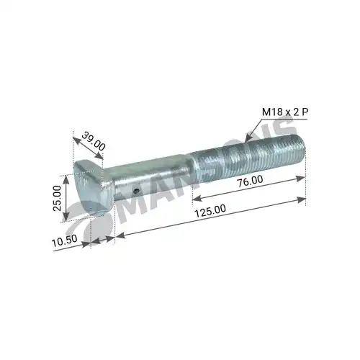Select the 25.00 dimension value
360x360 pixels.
point(57,198)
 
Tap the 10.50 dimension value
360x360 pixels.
point(65,240)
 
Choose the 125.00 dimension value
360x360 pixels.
point(210,210)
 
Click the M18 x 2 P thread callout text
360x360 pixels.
point(285,112)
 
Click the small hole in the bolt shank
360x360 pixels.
point(136,191)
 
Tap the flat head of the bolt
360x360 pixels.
point(92,187)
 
